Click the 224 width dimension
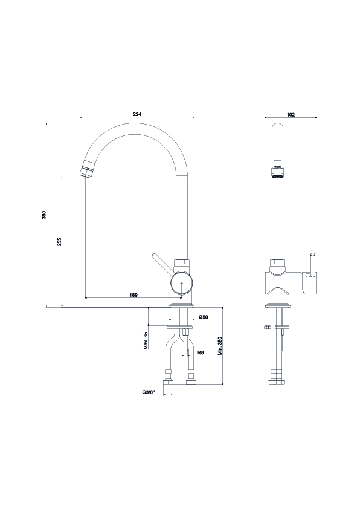point(137,114)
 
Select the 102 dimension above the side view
point(291,115)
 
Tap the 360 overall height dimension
point(44,215)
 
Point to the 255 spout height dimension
point(59,242)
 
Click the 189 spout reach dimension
point(133,295)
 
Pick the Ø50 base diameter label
point(203,317)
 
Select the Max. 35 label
point(146,341)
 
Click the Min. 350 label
point(220,346)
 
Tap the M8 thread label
point(200,352)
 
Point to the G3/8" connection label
point(149,392)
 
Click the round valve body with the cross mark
point(181,282)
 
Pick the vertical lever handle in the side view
point(312,265)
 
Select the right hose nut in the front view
point(190,381)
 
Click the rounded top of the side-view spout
point(277,127)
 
